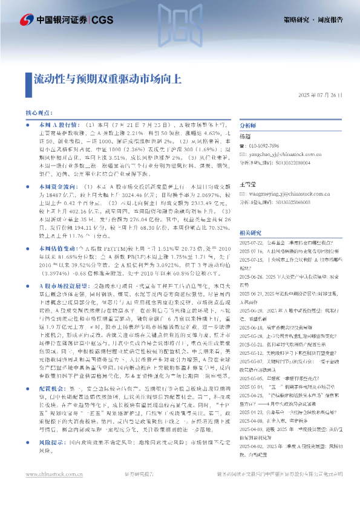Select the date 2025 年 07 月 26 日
click(x=321, y=95)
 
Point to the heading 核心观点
click(x=39, y=113)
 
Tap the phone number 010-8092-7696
click(x=264, y=146)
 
